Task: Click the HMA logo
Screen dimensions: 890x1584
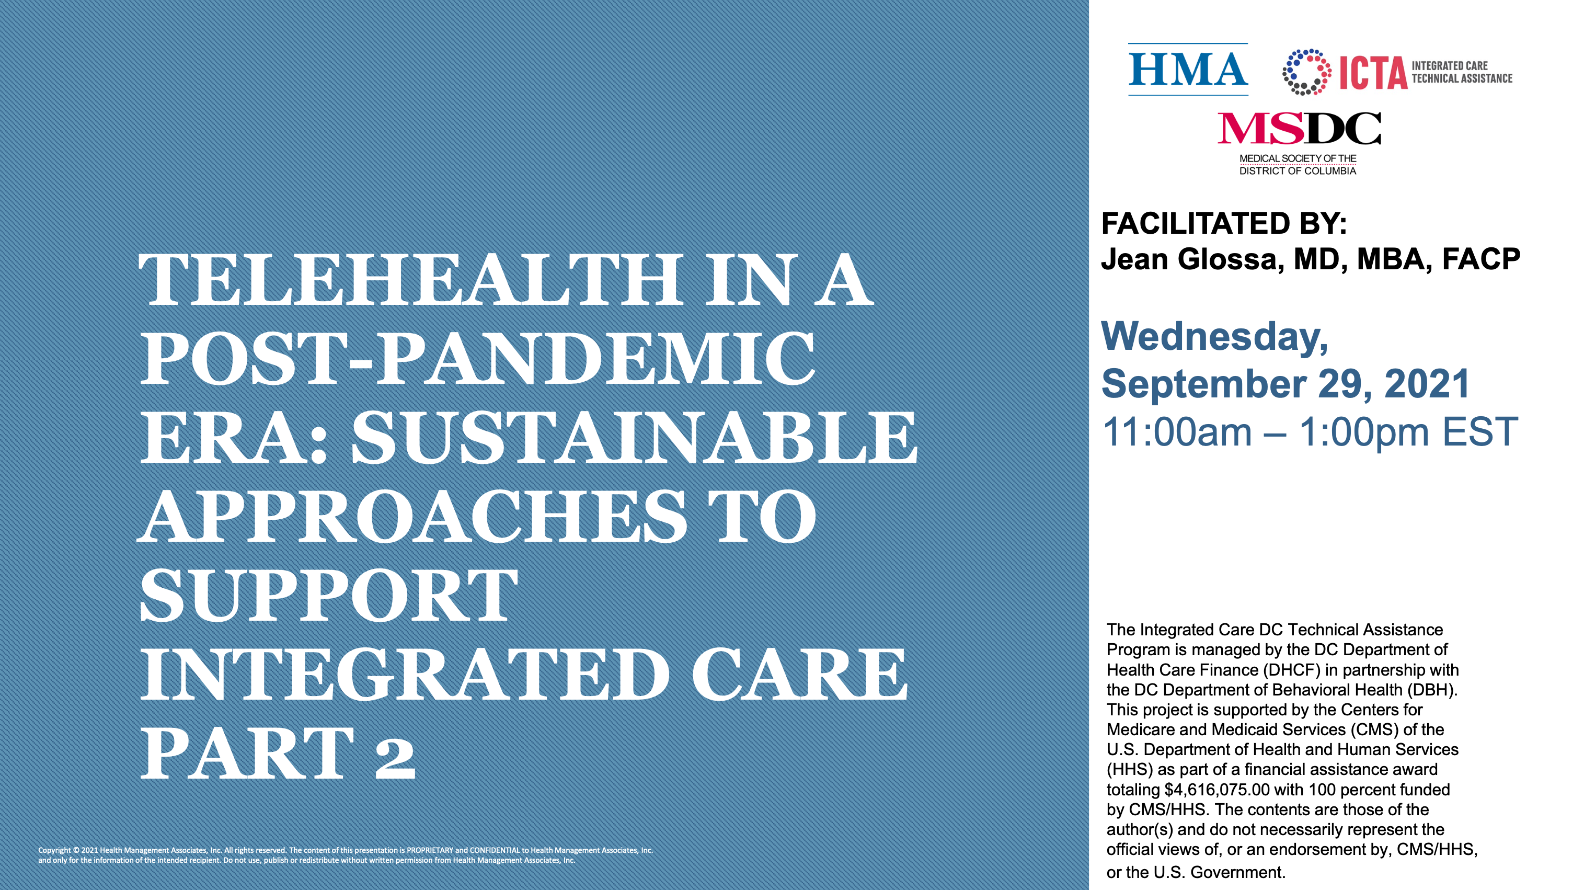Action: click(x=1187, y=69)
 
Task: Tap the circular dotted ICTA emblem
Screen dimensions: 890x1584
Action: click(x=1306, y=72)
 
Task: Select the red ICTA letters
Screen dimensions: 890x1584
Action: click(x=1373, y=73)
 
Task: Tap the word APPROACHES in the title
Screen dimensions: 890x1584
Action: click(x=412, y=516)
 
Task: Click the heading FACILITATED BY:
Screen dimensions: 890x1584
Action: click(x=1224, y=223)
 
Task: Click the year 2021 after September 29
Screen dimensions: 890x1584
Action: click(x=1427, y=384)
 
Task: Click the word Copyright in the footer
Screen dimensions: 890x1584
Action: click(x=54, y=851)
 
